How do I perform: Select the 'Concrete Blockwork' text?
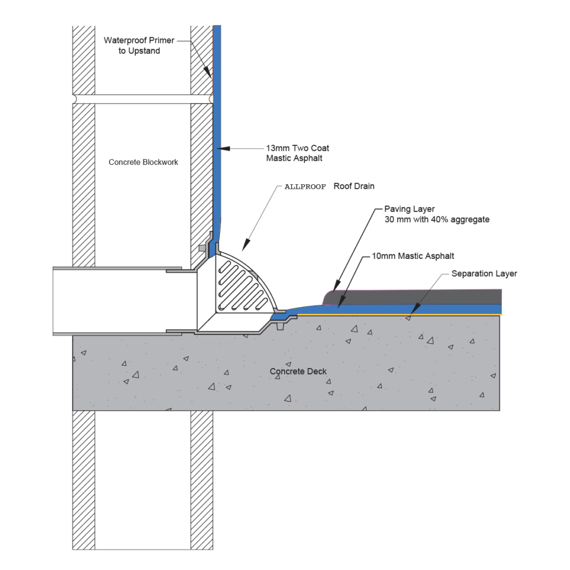point(143,162)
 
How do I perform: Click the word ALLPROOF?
point(305,187)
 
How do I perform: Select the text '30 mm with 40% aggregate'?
point(436,219)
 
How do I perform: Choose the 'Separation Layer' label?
point(484,273)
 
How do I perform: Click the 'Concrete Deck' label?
point(298,371)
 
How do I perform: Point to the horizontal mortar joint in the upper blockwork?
point(142,99)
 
